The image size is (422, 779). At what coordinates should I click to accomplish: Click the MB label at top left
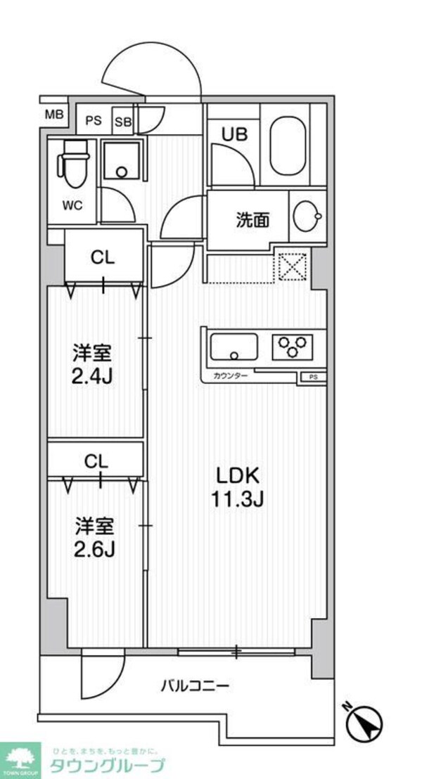pos(54,115)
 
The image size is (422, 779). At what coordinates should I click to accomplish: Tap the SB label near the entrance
pos(123,121)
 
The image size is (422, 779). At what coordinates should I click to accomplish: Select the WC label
pos(72,205)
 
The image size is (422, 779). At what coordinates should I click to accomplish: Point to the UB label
pos(234,134)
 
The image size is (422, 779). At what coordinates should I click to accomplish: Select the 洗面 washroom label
pos(252,221)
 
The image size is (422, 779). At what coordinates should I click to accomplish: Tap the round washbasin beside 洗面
pos(307,218)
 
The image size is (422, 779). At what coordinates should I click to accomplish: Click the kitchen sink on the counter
pos(234,347)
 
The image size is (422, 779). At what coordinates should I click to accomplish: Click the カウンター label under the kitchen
pos(231,377)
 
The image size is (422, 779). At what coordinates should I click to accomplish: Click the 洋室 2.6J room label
pos(95,536)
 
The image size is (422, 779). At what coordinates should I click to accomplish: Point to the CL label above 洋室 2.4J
pos(102,258)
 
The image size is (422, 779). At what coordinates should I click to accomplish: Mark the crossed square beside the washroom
pos(290,266)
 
